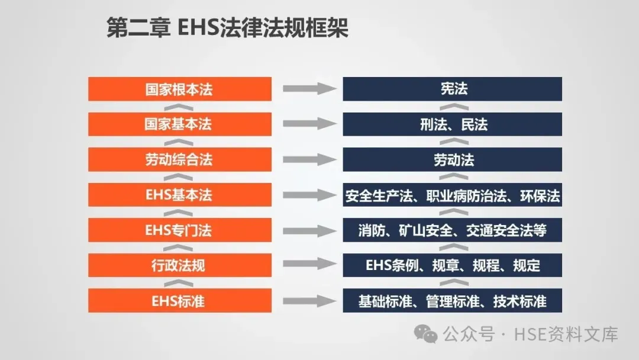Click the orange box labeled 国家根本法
180,89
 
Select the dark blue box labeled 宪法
452,89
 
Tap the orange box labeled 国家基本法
180,124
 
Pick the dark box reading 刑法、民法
452,124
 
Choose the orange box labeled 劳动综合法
180,159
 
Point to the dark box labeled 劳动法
452,159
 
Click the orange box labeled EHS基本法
180,195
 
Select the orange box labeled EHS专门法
180,230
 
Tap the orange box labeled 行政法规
180,265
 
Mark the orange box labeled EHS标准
180,300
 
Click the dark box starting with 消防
452,230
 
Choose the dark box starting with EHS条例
452,265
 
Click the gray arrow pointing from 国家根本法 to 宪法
308,89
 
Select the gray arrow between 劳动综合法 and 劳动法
308,159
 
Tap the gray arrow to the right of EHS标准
308,300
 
